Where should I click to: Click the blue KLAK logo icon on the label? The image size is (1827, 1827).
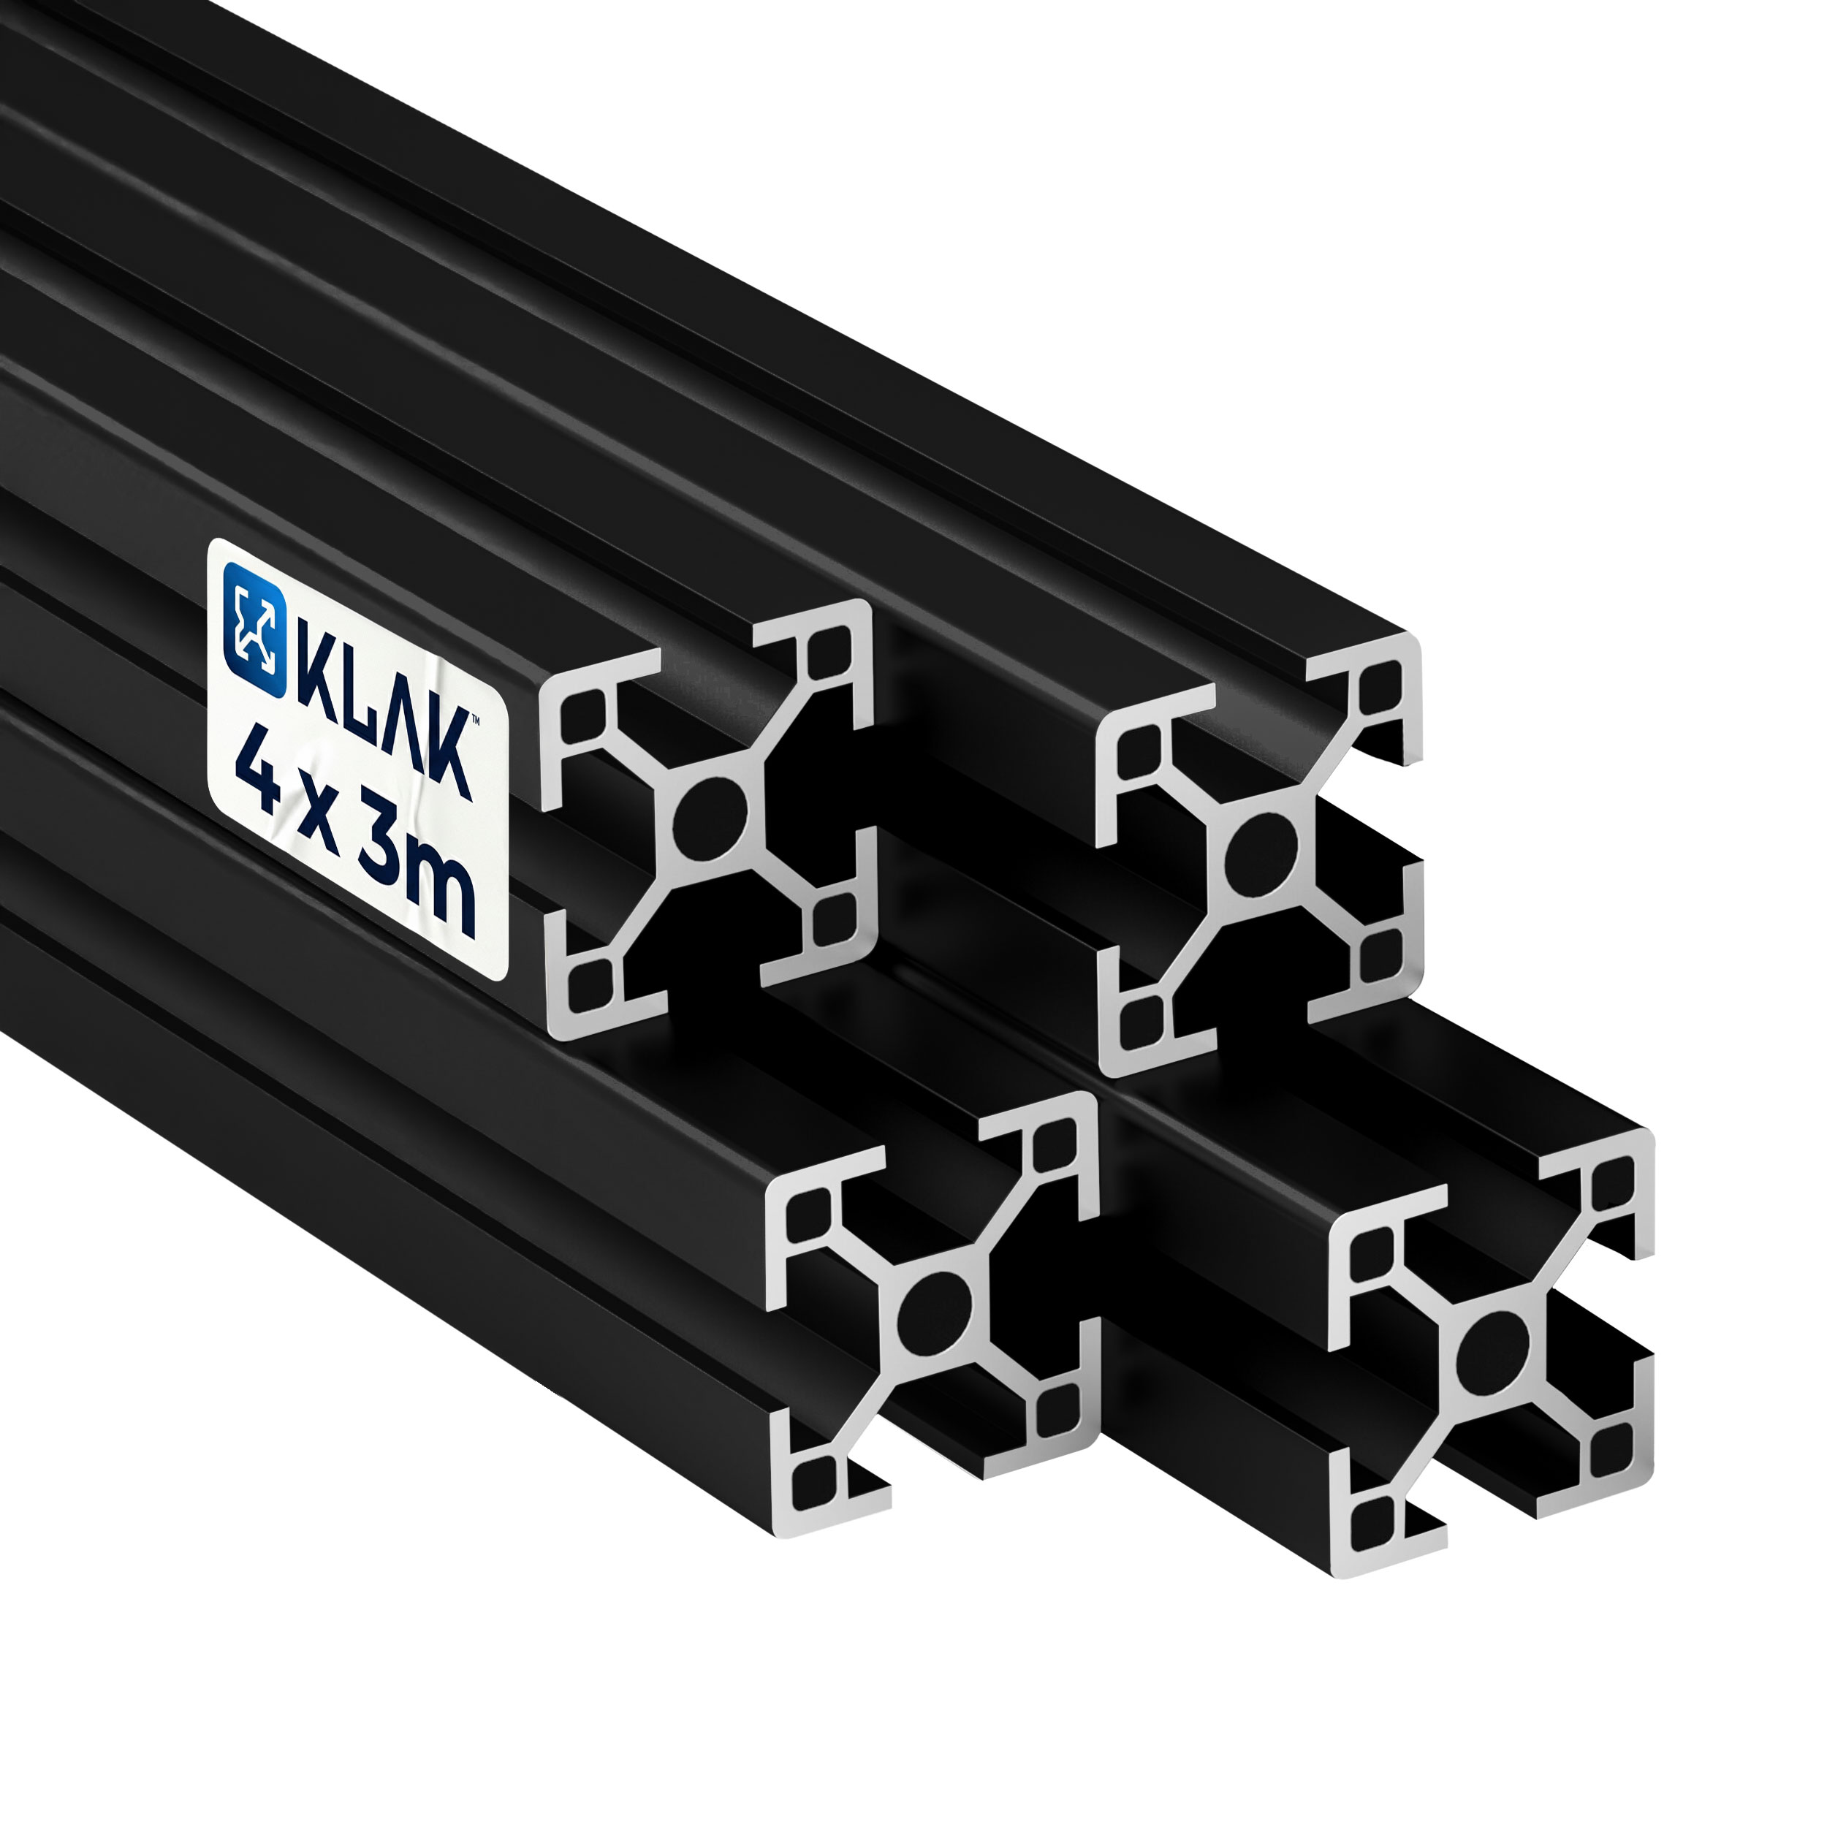click(254, 630)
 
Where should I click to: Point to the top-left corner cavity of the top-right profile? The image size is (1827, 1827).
click(1142, 753)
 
